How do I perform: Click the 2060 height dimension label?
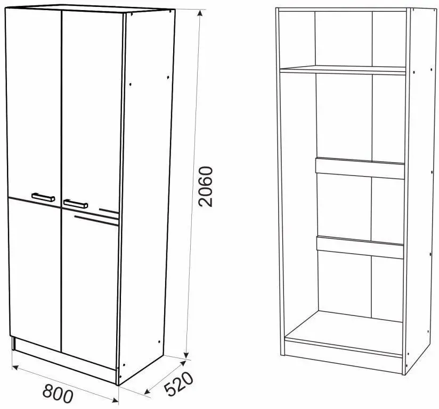[x=206, y=187]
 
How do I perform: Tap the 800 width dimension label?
[x=58, y=393]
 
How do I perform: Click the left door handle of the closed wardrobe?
[x=43, y=197]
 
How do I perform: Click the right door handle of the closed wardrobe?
[x=76, y=204]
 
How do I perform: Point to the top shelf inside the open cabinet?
[x=343, y=70]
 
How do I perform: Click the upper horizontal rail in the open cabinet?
[x=360, y=168]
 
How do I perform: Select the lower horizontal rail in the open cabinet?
[x=360, y=247]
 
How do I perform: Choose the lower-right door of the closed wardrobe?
[x=90, y=288]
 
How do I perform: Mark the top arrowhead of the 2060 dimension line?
[x=199, y=13]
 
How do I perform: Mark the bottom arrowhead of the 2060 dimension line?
[x=186, y=355]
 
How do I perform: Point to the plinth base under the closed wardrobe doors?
[x=65, y=361]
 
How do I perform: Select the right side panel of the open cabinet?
[x=420, y=190]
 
